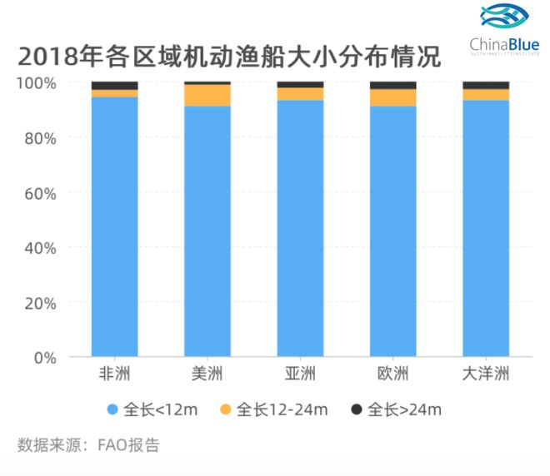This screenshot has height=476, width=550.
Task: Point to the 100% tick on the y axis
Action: pyautogui.click(x=37, y=83)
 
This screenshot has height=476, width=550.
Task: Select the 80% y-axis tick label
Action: pyautogui.click(x=38, y=138)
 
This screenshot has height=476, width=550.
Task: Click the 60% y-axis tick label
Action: pyautogui.click(x=38, y=193)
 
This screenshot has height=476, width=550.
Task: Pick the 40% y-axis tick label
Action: pyautogui.click(x=38, y=248)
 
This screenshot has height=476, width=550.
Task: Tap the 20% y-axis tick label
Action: pyautogui.click(x=38, y=303)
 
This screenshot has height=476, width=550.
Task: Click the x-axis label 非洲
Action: pyautogui.click(x=114, y=374)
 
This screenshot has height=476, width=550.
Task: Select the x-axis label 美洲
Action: pyautogui.click(x=207, y=374)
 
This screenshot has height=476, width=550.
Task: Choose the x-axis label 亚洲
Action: pyautogui.click(x=300, y=374)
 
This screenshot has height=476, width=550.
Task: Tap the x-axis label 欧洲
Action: pyautogui.click(x=392, y=374)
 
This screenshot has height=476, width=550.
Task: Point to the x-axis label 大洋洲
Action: pyautogui.click(x=486, y=374)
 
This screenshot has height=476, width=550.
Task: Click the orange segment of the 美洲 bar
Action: pyautogui.click(x=207, y=95)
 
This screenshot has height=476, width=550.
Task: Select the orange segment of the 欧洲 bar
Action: pyautogui.click(x=392, y=97)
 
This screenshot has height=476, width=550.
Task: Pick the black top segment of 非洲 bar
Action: pyautogui.click(x=114, y=85)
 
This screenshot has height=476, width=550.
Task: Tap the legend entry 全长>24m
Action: pyautogui.click(x=396, y=409)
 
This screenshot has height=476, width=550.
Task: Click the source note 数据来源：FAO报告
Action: pyautogui.click(x=87, y=445)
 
